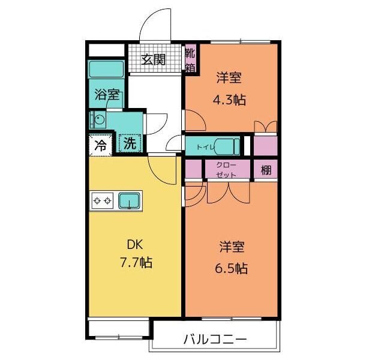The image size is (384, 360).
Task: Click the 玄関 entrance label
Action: click(x=153, y=59)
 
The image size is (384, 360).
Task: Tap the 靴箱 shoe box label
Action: click(x=190, y=59)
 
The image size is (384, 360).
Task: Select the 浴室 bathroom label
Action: click(x=107, y=95)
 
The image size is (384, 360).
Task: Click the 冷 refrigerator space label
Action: click(x=101, y=145)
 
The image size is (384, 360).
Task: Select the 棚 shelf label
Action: click(x=266, y=170)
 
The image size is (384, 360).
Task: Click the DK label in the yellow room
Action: click(x=134, y=245)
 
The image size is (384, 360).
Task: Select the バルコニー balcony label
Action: click(x=214, y=340)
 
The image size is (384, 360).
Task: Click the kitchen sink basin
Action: click(x=129, y=200)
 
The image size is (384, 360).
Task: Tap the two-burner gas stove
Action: click(x=102, y=200)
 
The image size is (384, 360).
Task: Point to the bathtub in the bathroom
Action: click(x=106, y=68)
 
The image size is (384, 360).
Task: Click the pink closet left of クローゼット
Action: click(x=194, y=169)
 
